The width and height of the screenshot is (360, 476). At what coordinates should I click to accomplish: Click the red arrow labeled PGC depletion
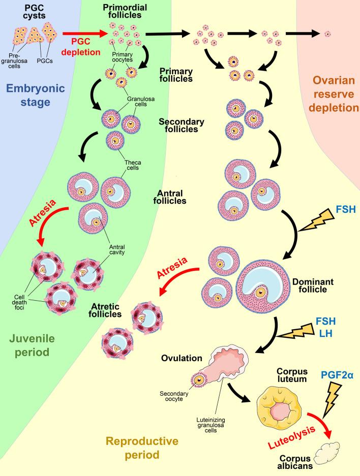pos(83,35)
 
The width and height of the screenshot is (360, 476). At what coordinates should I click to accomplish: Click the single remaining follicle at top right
pos(328,35)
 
